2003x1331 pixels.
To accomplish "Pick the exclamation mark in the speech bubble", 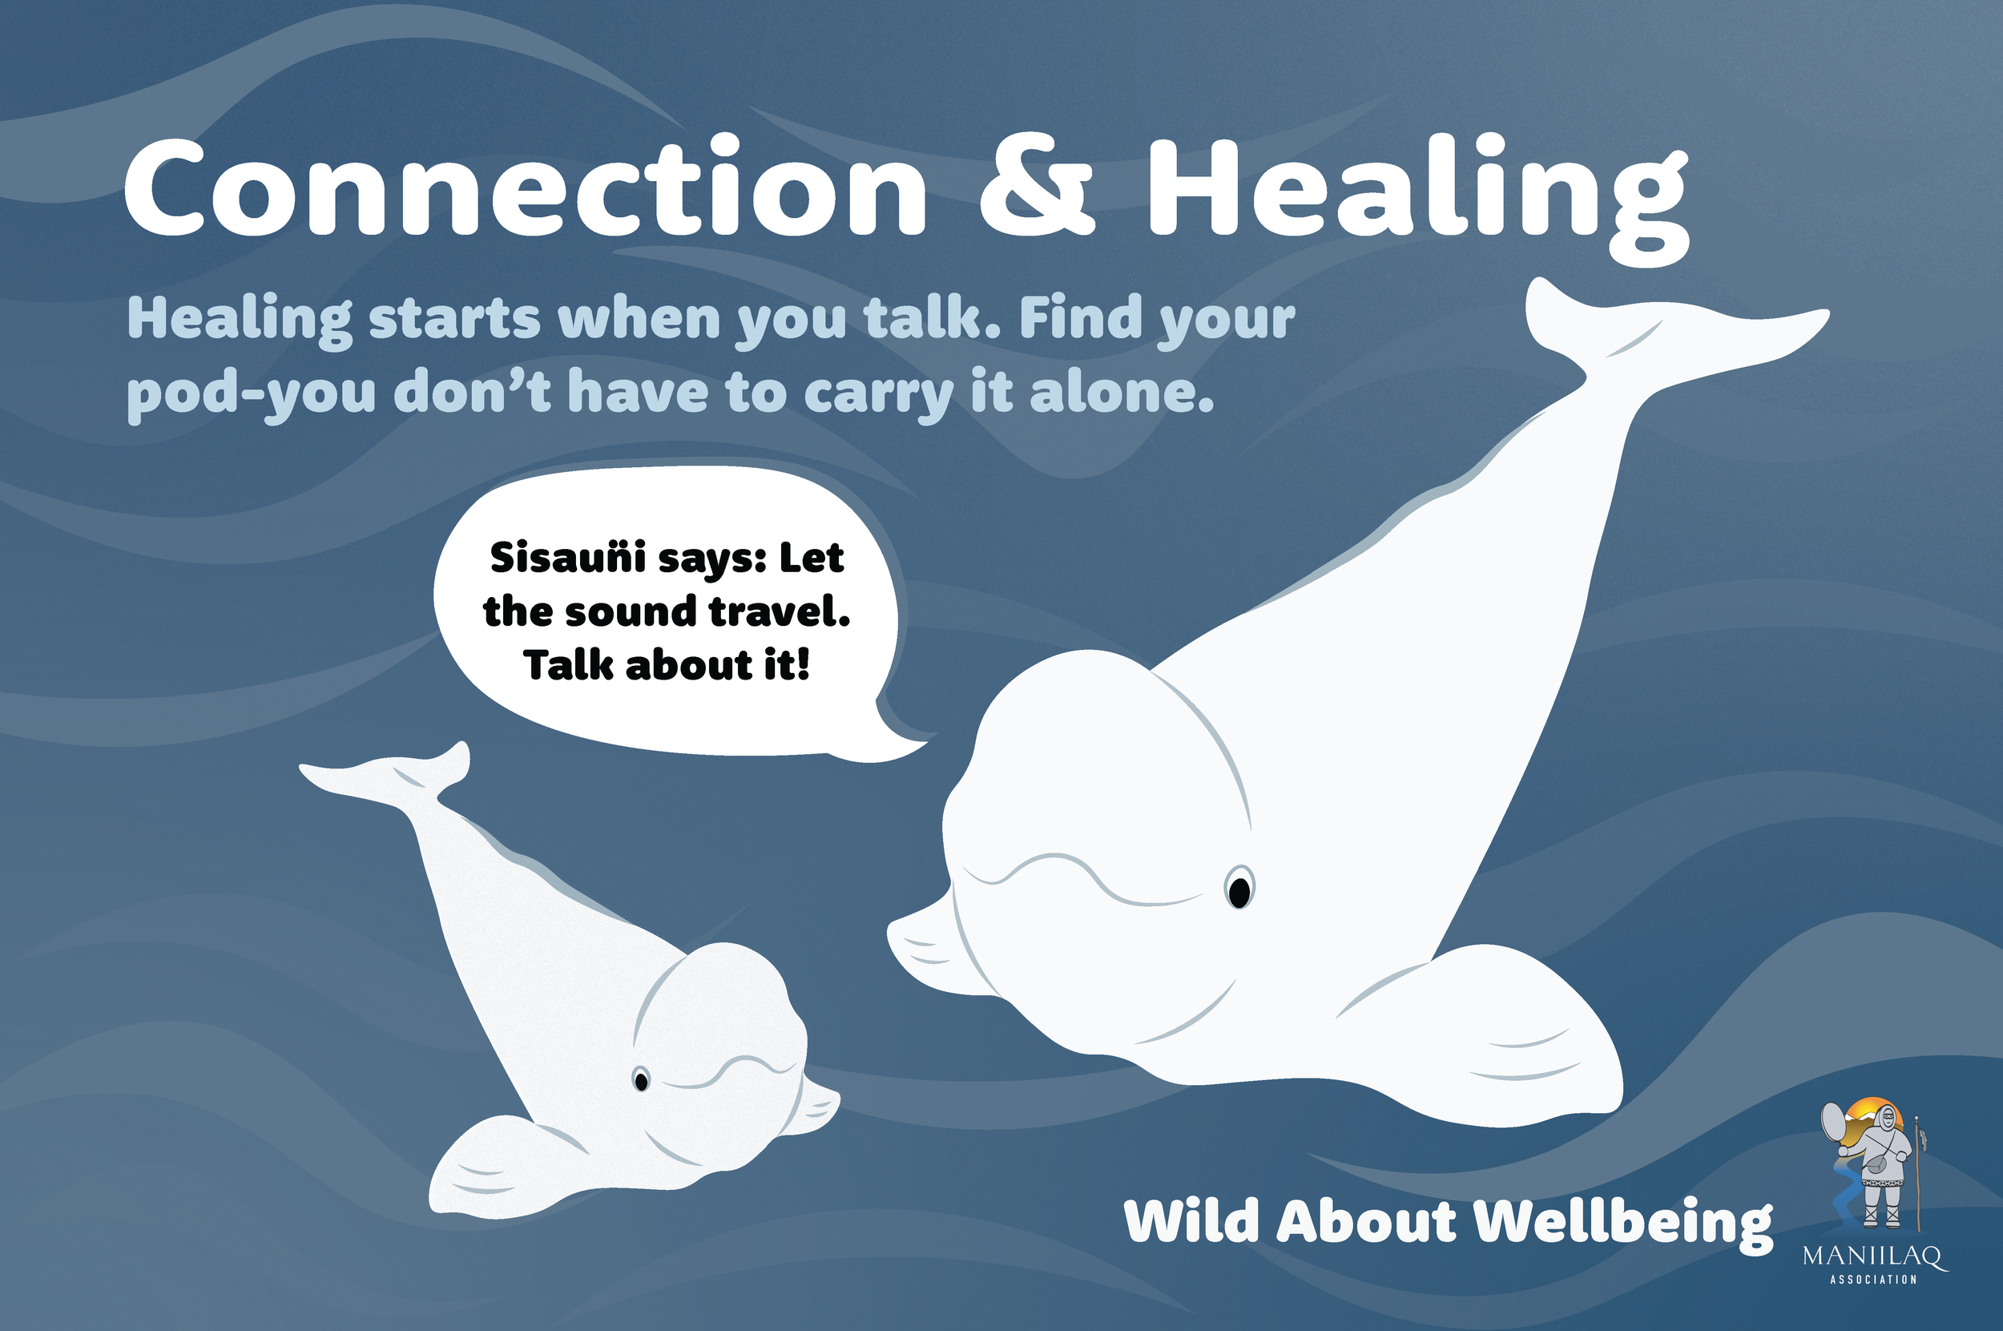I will (803, 664).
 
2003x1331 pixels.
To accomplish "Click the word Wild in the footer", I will (1191, 1222).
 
